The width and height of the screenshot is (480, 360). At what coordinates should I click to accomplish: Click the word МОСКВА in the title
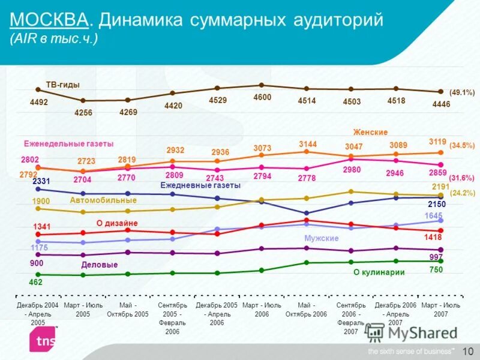pos(49,20)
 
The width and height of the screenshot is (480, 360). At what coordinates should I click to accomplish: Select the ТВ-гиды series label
pos(62,85)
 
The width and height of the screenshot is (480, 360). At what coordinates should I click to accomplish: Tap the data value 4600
pos(262,97)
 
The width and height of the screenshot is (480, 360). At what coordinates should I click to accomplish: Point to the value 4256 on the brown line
pos(83,113)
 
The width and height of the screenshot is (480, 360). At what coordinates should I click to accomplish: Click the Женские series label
pos(370,132)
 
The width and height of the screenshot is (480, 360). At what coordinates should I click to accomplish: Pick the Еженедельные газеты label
pos(68,143)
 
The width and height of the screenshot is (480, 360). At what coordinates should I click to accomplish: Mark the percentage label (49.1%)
pos(462,92)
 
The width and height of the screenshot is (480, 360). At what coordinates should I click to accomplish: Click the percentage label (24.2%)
pos(462,193)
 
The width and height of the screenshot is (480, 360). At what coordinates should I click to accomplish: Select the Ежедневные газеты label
pos(200,185)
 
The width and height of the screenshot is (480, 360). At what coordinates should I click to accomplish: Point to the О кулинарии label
pos(379,272)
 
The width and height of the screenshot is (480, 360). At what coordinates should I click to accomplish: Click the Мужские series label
pos(322,238)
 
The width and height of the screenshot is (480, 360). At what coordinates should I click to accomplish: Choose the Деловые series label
pos(99,265)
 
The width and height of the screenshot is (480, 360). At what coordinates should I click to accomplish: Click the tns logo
pos(41,340)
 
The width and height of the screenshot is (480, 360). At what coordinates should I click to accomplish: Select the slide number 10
pos(468,350)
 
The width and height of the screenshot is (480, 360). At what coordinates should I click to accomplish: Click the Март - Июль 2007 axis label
pos(440,310)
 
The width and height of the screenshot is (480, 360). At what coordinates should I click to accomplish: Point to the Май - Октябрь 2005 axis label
pos(127,310)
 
